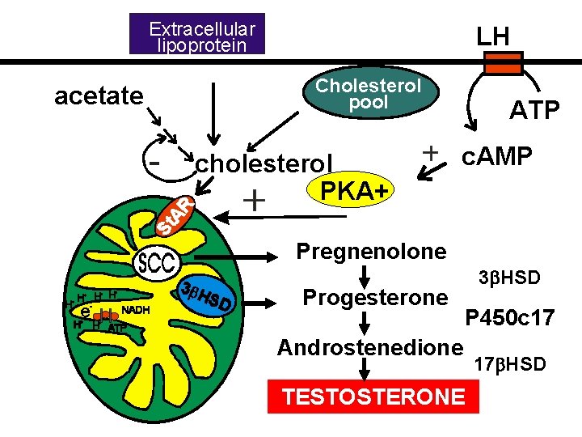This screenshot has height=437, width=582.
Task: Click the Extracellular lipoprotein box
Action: click(198, 37)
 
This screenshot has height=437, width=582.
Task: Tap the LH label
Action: click(492, 36)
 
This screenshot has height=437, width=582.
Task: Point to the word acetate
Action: click(99, 96)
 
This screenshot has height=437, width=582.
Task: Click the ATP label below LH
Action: click(533, 110)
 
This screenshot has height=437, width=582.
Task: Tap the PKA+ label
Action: click(352, 191)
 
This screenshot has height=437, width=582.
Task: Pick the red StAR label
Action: click(175, 215)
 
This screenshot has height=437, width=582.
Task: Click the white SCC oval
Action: click(158, 264)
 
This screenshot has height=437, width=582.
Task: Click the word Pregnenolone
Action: click(371, 251)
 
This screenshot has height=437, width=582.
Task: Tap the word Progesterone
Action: click(374, 297)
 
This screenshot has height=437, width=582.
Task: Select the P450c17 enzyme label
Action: click(508, 318)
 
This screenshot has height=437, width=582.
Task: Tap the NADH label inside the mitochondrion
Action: click(134, 308)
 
